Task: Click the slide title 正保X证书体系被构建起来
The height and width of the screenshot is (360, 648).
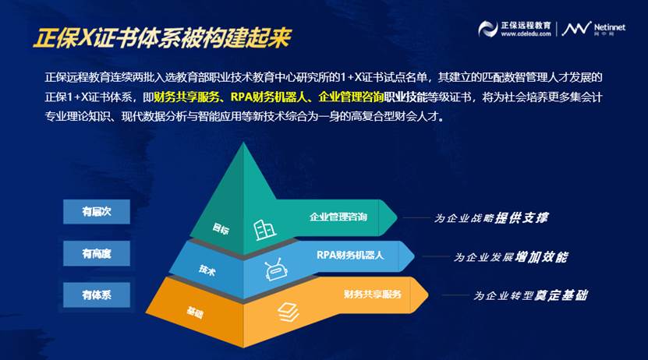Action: click(162, 38)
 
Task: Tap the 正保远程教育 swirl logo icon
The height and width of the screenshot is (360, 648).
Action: click(487, 29)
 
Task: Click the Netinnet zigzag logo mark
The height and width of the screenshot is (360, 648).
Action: click(576, 28)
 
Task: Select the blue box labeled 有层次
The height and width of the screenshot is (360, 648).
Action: click(96, 212)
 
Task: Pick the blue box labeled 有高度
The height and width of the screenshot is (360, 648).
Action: click(96, 253)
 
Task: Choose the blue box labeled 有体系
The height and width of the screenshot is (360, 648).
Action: click(96, 295)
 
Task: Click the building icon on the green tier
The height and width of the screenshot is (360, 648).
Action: click(264, 230)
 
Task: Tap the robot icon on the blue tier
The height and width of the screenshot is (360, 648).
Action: click(274, 270)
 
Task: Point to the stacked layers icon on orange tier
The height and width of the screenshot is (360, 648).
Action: click(288, 312)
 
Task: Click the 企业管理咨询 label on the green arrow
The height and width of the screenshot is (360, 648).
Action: click(338, 217)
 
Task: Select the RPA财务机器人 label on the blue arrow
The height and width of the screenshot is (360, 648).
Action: click(350, 255)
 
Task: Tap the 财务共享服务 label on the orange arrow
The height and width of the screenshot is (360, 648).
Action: click(373, 294)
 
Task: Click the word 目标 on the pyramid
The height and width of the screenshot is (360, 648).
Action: click(220, 228)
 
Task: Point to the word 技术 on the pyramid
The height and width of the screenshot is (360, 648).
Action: click(207, 270)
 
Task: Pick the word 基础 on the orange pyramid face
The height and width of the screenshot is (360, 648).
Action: click(195, 312)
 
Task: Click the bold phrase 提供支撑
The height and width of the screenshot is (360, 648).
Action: click(522, 217)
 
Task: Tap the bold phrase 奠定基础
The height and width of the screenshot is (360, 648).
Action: click(561, 295)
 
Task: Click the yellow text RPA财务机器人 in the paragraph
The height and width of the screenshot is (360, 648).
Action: click(269, 97)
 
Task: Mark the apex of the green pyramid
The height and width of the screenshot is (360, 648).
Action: click(243, 143)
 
